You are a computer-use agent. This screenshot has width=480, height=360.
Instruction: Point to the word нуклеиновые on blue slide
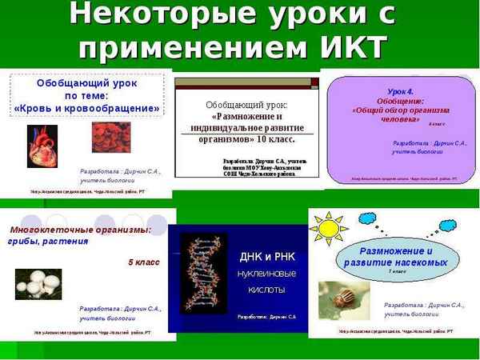(x=268, y=273)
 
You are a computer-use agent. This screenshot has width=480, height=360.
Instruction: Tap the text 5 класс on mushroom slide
(x=143, y=262)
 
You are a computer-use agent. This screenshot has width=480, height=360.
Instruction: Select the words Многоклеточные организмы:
(x=81, y=230)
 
